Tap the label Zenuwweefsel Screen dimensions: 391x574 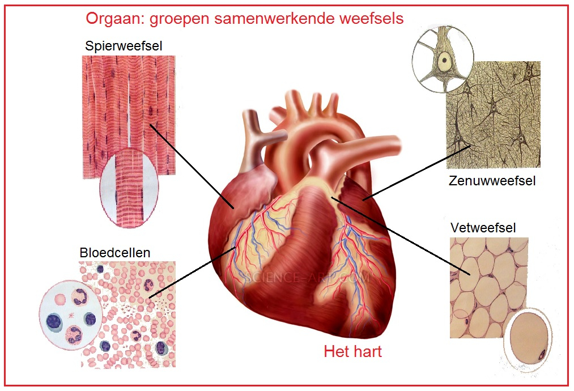(491, 181)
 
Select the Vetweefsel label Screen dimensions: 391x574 (483, 228)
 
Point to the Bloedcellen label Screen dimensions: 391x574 (115, 252)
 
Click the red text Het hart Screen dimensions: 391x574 (352, 351)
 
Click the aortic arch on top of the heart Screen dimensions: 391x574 (329, 122)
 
